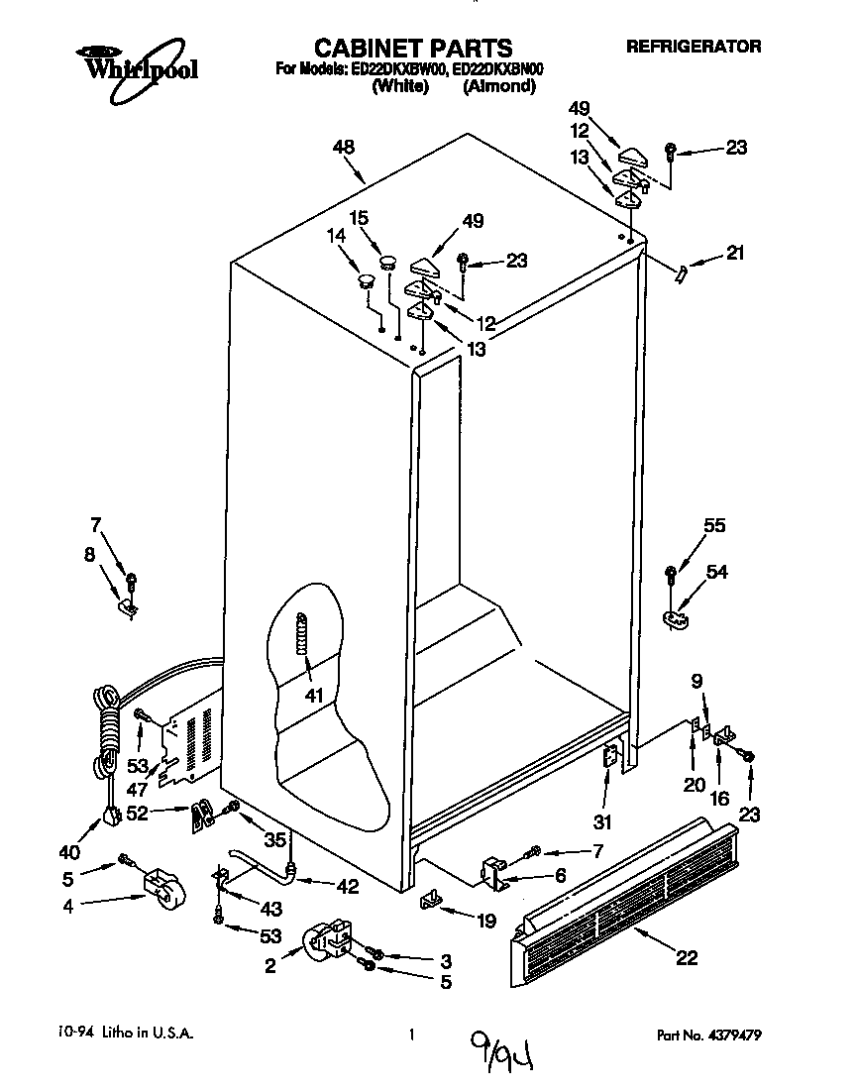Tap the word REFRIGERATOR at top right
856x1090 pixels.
coord(694,47)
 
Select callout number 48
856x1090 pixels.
coord(343,148)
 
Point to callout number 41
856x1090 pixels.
coord(315,695)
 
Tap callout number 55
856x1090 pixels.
coord(714,528)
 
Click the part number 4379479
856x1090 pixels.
coord(733,1035)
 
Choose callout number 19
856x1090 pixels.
coord(484,921)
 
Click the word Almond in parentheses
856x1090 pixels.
coord(499,86)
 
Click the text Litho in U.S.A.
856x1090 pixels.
coord(138,1034)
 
